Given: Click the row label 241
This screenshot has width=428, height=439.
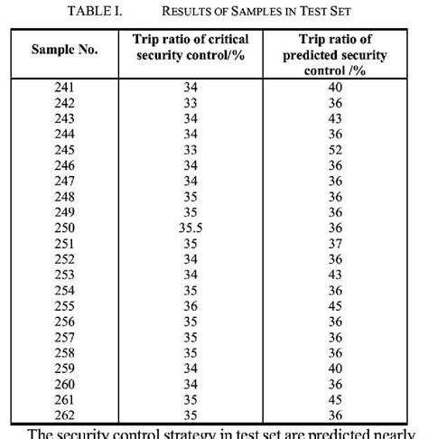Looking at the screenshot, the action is tap(66, 87).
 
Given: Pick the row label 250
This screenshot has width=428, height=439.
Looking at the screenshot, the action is tap(66, 229).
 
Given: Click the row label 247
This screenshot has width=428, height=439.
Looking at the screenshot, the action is tap(66, 182).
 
